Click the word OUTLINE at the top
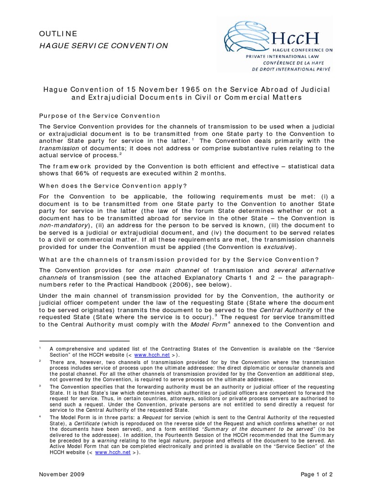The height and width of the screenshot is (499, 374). click(58, 34)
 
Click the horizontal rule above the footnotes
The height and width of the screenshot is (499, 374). click(84, 341)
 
